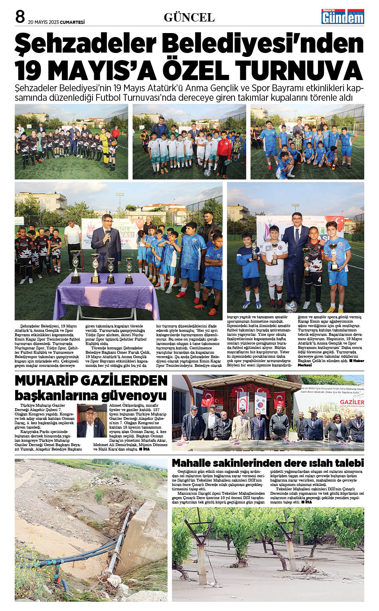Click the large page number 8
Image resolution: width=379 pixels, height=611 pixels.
(20, 16)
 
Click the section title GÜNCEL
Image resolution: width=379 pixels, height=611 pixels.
(189, 18)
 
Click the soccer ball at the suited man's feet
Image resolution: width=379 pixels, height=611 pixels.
(291, 307)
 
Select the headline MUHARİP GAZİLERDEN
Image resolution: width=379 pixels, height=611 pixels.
(91, 380)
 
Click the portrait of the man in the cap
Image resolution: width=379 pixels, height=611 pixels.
(91, 421)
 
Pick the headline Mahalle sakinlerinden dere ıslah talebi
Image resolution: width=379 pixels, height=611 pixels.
(268, 463)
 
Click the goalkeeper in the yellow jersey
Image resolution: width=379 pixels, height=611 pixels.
(104, 145)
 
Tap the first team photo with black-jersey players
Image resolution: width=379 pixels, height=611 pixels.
(71, 141)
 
